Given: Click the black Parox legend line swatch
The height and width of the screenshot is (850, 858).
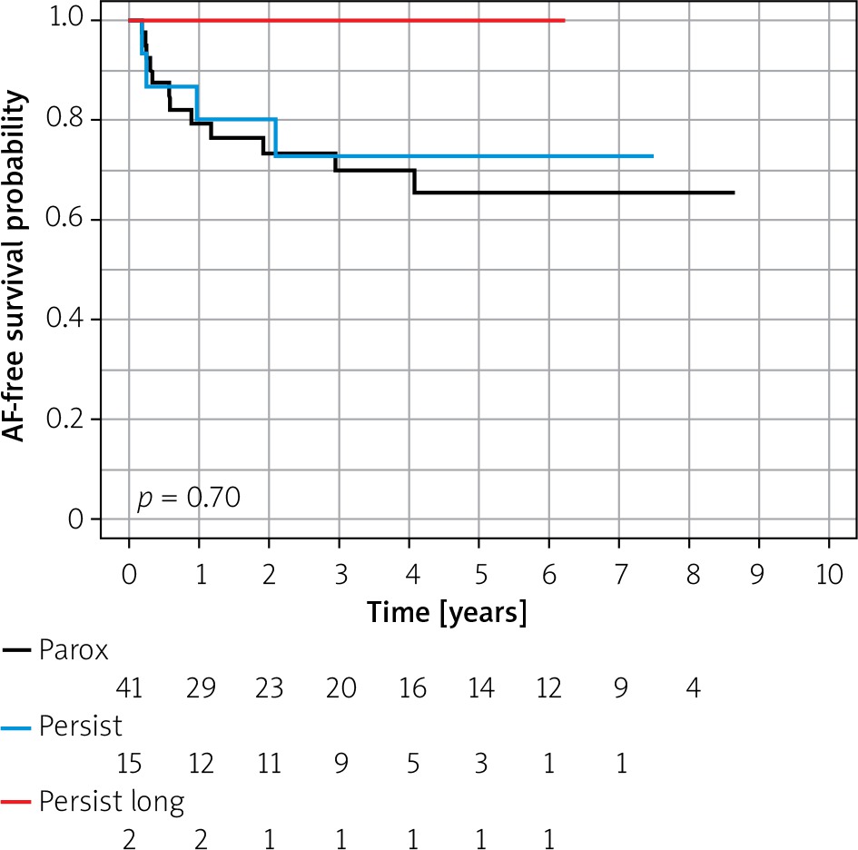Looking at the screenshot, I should (x=19, y=650).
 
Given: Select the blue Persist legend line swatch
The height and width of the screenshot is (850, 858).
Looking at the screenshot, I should (x=19, y=726).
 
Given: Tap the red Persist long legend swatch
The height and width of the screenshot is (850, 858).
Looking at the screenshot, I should (x=19, y=802).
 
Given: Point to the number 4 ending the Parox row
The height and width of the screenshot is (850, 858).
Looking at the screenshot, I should (x=692, y=687).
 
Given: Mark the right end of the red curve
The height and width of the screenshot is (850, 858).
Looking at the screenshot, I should (x=564, y=20).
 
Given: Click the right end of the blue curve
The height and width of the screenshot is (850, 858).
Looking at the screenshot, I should (x=652, y=156).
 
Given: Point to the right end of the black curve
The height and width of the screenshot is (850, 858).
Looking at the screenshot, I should (x=733, y=193).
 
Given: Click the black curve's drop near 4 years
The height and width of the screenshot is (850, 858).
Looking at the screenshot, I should (x=415, y=182).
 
